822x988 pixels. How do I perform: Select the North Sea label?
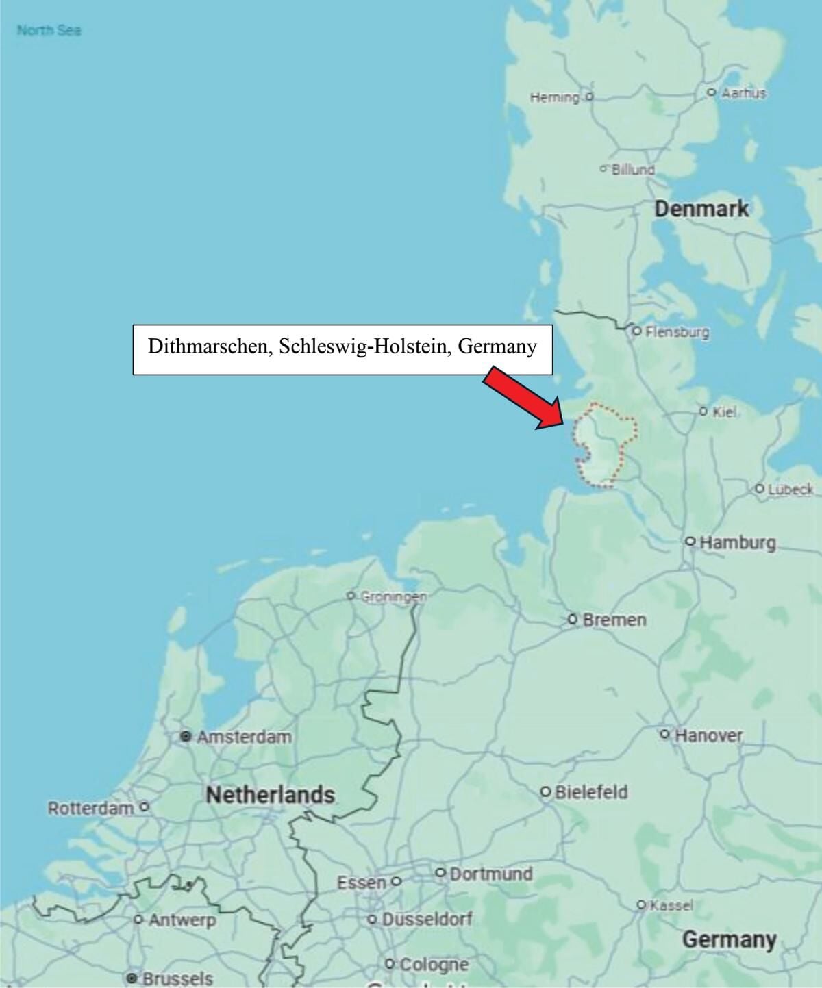click(49, 30)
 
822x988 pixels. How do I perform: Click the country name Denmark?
click(701, 209)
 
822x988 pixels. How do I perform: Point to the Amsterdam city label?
click(244, 737)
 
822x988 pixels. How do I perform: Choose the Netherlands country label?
click(270, 795)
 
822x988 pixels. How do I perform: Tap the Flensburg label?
click(677, 332)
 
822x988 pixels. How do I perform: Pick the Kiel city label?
click(724, 412)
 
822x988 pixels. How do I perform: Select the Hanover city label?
click(708, 736)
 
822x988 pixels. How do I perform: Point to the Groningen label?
click(393, 596)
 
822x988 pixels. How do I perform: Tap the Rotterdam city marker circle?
click(144, 807)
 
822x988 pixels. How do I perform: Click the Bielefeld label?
click(590, 792)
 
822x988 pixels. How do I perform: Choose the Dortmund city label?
click(490, 874)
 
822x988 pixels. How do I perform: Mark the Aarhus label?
click(743, 92)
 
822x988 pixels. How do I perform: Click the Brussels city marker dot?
click(132, 978)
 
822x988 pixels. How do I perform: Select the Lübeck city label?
click(790, 490)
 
